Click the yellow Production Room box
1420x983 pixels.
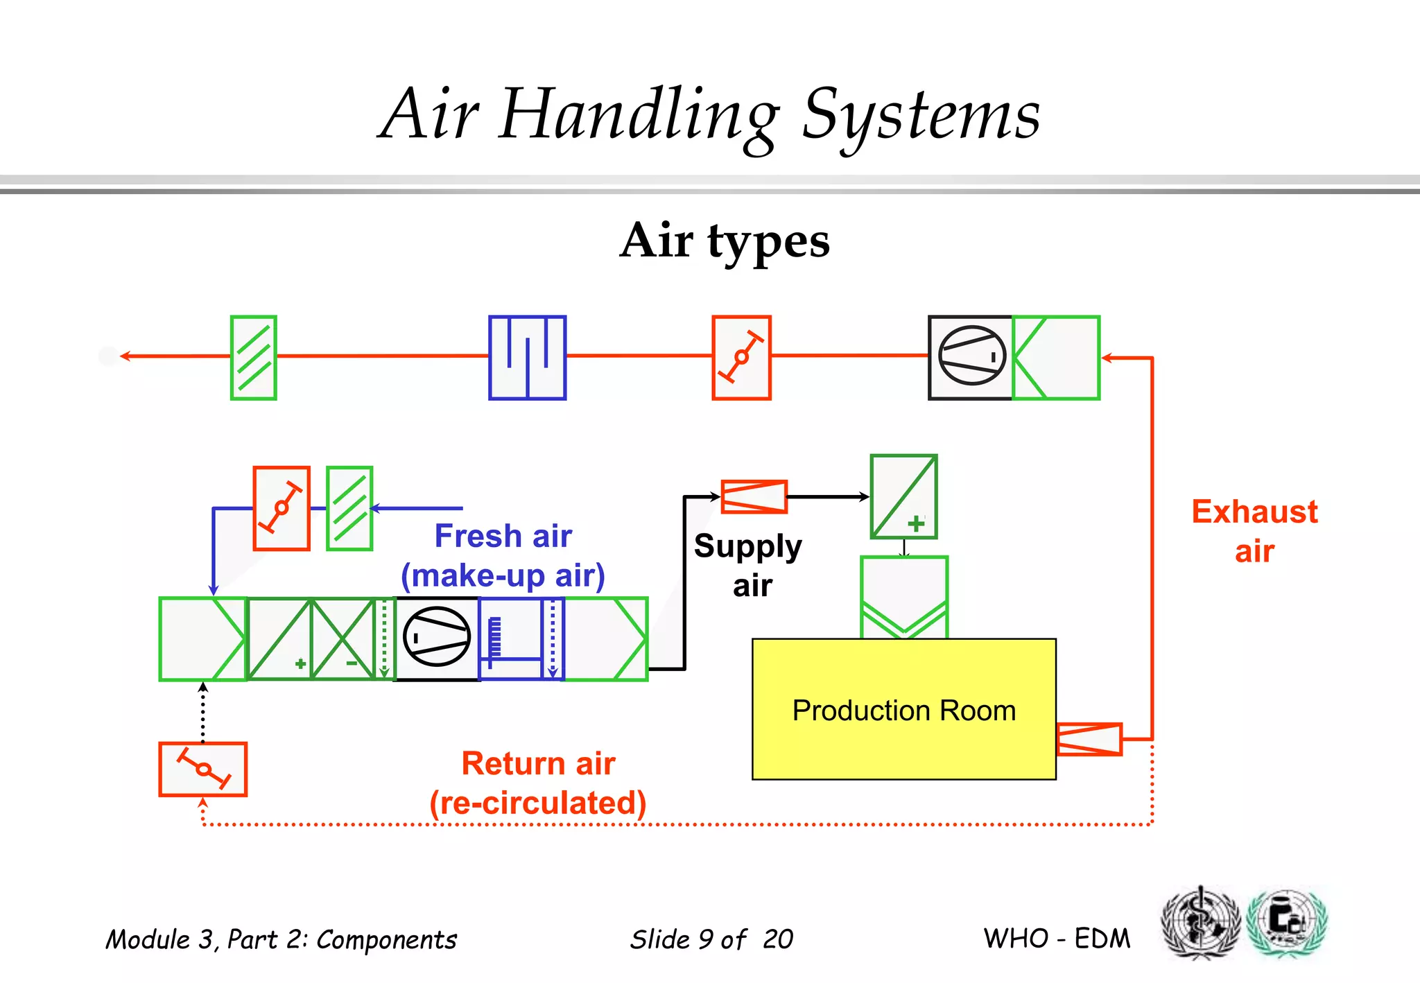pos(903,709)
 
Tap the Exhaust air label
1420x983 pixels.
pos(1254,531)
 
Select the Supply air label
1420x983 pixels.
pos(748,565)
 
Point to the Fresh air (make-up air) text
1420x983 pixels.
pos(503,556)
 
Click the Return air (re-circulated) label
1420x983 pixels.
pos(538,783)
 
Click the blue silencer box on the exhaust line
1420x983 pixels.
pos(527,358)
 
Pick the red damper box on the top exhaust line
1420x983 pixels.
pos(741,358)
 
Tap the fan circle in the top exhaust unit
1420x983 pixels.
pos(971,356)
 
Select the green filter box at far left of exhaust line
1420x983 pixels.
pos(254,358)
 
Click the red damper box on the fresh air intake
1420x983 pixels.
pos(281,508)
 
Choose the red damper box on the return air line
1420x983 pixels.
pos(202,769)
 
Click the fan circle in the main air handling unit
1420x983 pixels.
pos(437,636)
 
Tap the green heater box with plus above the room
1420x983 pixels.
pos(903,496)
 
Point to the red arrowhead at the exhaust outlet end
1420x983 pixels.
pos(125,356)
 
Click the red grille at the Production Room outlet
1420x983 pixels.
pos(1089,739)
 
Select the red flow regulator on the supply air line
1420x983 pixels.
pos(754,496)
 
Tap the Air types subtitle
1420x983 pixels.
pos(725,241)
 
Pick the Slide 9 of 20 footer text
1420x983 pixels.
pos(711,939)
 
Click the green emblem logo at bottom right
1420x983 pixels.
pos(1286,923)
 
